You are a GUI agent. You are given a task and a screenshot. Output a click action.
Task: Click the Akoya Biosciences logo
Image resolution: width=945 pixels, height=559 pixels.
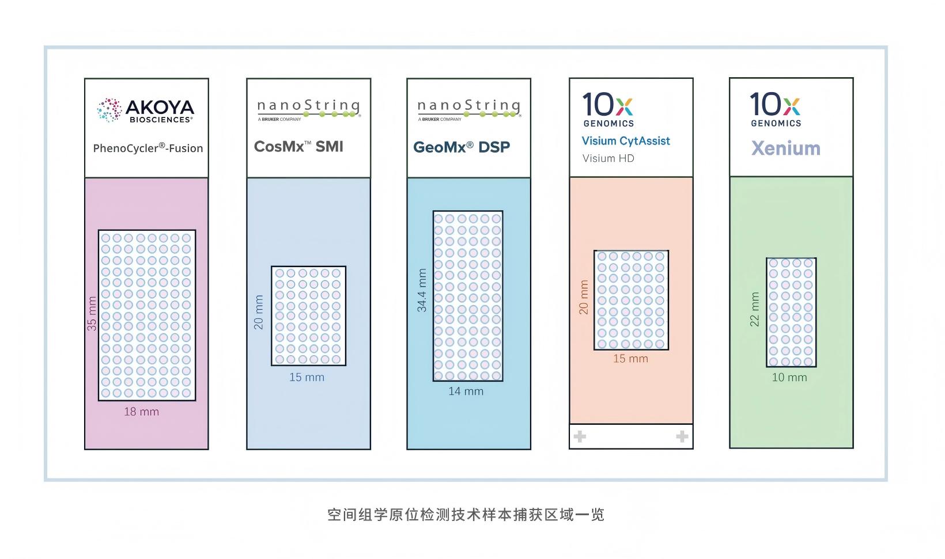pyautogui.click(x=146, y=110)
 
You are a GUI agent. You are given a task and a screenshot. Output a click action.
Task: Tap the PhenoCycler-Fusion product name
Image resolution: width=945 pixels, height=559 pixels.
pyautogui.click(x=148, y=148)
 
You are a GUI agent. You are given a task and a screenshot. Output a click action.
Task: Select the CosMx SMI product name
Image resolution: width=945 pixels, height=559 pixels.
pyautogui.click(x=298, y=147)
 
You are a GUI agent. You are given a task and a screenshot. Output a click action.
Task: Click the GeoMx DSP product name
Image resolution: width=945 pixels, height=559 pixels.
pyautogui.click(x=462, y=147)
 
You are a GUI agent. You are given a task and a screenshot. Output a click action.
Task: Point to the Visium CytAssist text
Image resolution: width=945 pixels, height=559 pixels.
pyautogui.click(x=626, y=141)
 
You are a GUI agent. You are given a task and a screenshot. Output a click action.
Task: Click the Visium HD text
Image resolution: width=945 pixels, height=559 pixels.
pyautogui.click(x=608, y=158)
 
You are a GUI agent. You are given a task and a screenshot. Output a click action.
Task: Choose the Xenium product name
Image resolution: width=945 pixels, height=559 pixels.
pyautogui.click(x=785, y=149)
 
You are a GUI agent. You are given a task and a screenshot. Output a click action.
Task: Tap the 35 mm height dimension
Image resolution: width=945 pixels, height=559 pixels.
pyautogui.click(x=92, y=313)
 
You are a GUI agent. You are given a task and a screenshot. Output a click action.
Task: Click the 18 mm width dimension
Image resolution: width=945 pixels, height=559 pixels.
pyautogui.click(x=141, y=412)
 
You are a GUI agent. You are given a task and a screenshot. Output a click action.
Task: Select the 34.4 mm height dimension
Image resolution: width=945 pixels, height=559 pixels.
pyautogui.click(x=422, y=290)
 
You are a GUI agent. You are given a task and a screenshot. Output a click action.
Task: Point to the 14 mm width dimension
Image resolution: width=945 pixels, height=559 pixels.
pyautogui.click(x=466, y=391)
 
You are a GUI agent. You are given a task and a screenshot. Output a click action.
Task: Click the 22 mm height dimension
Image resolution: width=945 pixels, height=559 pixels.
pyautogui.click(x=754, y=309)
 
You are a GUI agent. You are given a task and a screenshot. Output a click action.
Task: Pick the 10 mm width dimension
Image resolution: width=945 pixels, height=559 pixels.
pyautogui.click(x=789, y=378)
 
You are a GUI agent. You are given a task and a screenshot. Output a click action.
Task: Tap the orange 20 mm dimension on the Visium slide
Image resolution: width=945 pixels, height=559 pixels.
pyautogui.click(x=584, y=297)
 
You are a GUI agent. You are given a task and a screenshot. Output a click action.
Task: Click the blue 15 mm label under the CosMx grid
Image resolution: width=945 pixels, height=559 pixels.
pyautogui.click(x=307, y=378)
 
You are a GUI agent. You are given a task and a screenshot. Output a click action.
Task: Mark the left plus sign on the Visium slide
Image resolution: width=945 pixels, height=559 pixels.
pyautogui.click(x=580, y=436)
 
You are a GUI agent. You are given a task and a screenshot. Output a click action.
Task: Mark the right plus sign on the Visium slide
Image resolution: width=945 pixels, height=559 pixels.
pyautogui.click(x=682, y=436)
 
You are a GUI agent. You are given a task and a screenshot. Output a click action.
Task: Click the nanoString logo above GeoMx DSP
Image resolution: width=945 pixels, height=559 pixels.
pyautogui.click(x=468, y=109)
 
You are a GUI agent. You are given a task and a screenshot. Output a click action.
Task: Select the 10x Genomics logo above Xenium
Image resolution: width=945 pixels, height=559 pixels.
pyautogui.click(x=776, y=109)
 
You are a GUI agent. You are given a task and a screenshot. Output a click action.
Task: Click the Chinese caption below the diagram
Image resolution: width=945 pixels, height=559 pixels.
pyautogui.click(x=466, y=514)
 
